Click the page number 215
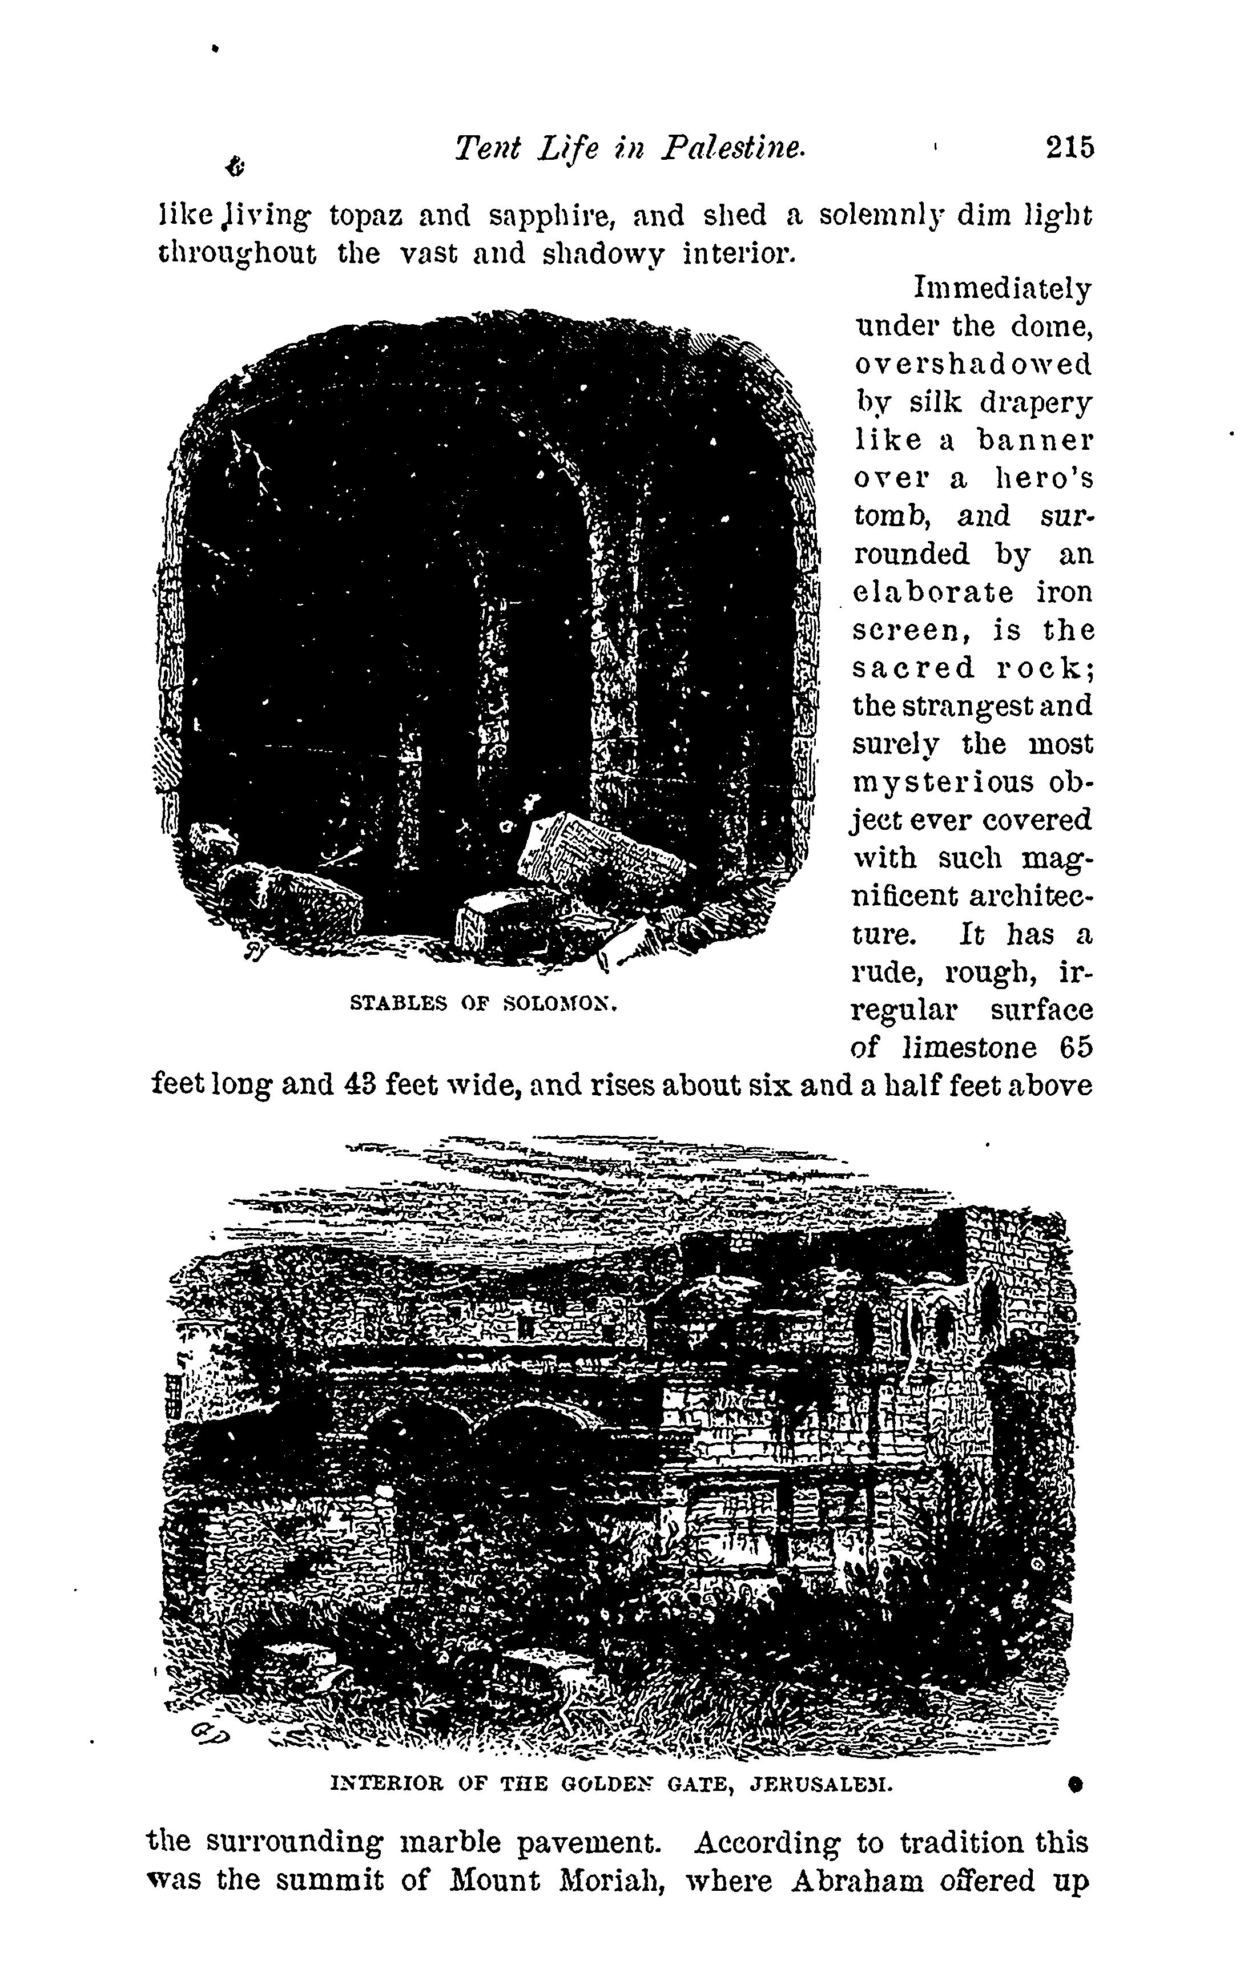pyautogui.click(x=1069, y=148)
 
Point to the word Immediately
pyautogui.click(x=1003, y=289)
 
